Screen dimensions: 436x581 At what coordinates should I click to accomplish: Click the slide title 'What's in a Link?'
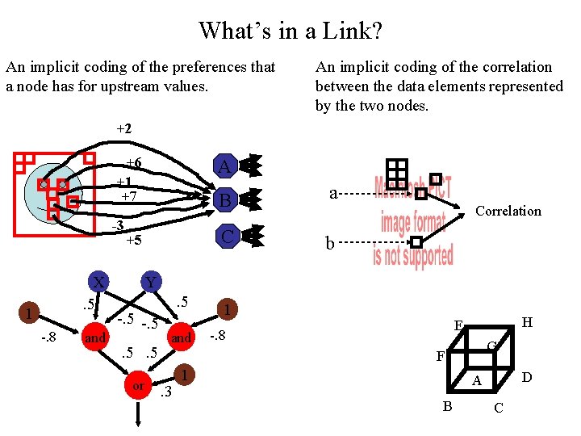pos(290,31)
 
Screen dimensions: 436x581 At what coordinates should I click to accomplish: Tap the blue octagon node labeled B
pos(225,199)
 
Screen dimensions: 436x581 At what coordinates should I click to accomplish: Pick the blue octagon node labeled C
pos(227,237)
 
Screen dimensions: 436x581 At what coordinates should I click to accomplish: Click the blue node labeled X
pos(98,283)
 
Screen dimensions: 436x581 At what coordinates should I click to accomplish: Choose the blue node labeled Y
pos(149,283)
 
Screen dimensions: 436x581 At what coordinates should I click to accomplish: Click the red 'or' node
pos(138,386)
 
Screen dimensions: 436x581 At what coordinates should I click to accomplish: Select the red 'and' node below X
pos(95,338)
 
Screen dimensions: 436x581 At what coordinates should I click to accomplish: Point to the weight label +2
pos(123,128)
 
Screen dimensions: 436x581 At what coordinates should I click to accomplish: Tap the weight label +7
pos(128,196)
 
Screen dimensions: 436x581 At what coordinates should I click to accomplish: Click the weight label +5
pos(133,240)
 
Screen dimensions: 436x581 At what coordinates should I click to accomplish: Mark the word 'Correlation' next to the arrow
pos(508,212)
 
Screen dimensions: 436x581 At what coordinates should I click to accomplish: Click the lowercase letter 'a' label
pos(333,193)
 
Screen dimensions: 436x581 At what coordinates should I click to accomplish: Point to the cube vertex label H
pos(527,321)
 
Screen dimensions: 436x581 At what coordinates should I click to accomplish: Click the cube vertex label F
pos(440,355)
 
